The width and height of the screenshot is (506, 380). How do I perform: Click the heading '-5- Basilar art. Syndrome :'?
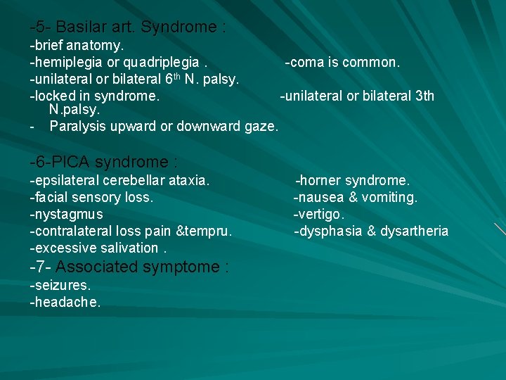click(127, 27)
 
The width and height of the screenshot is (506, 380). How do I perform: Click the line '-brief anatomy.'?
click(77, 46)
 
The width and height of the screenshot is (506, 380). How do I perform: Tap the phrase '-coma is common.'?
click(342, 63)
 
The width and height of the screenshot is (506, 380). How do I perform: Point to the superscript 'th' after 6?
click(178, 76)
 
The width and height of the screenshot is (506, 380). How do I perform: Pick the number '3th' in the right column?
click(423, 96)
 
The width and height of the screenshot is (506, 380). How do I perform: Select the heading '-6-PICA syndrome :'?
click(103, 162)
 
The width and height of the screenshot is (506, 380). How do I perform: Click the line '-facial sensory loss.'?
click(91, 198)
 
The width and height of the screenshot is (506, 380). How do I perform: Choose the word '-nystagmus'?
click(66, 214)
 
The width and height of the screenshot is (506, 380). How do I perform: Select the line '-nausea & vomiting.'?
click(356, 198)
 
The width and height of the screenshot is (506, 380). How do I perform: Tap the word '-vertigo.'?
click(319, 214)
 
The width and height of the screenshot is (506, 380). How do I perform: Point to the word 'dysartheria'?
click(414, 231)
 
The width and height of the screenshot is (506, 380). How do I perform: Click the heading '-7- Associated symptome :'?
click(129, 267)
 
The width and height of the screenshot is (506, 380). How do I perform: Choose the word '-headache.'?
click(65, 303)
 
